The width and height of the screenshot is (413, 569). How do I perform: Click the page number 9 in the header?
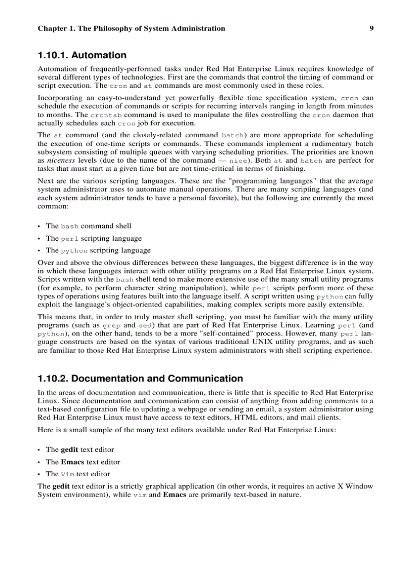(x=371, y=28)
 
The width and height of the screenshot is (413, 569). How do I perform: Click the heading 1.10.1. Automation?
(x=82, y=55)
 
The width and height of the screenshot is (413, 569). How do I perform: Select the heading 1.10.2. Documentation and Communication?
(x=140, y=378)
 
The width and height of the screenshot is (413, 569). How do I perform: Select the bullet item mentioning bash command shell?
(x=89, y=226)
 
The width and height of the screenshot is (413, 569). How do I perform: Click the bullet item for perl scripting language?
(x=94, y=238)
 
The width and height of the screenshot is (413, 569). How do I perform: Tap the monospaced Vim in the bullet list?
(x=67, y=474)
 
